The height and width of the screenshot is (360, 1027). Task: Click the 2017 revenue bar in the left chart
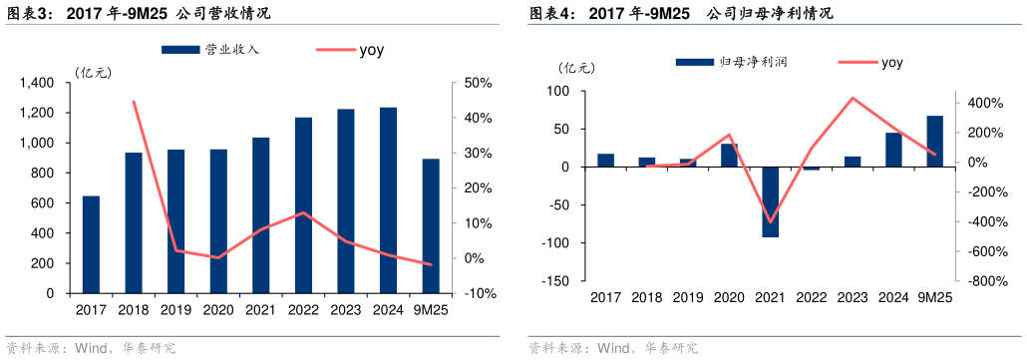pyautogui.click(x=91, y=244)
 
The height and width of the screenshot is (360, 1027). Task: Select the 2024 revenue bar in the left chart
pyautogui.click(x=388, y=200)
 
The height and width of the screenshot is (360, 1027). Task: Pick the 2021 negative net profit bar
pyautogui.click(x=770, y=202)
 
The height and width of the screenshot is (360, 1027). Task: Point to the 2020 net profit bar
pyautogui.click(x=729, y=156)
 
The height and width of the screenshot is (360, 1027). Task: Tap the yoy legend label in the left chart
pyautogui.click(x=371, y=48)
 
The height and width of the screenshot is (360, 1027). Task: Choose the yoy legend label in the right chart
pyautogui.click(x=891, y=62)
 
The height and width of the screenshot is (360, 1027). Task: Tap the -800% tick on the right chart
pyautogui.click(x=983, y=281)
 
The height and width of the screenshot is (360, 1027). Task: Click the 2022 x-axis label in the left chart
pyautogui.click(x=303, y=310)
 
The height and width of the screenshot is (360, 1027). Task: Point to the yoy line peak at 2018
pyautogui.click(x=134, y=101)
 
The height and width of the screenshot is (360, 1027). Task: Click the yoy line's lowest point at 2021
pyautogui.click(x=770, y=222)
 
